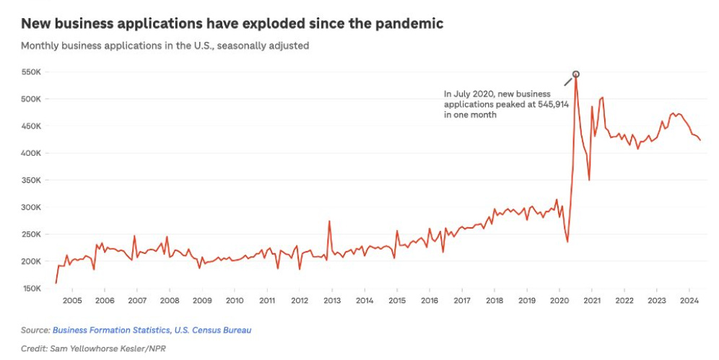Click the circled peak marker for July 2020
coord(575,74)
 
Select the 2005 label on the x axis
coord(72,301)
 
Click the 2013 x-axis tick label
coord(332,301)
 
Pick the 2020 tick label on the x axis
coord(559,301)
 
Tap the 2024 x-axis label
coord(689,301)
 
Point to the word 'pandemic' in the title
coord(411,24)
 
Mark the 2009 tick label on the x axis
coord(202,301)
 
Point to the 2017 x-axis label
coord(462,301)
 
